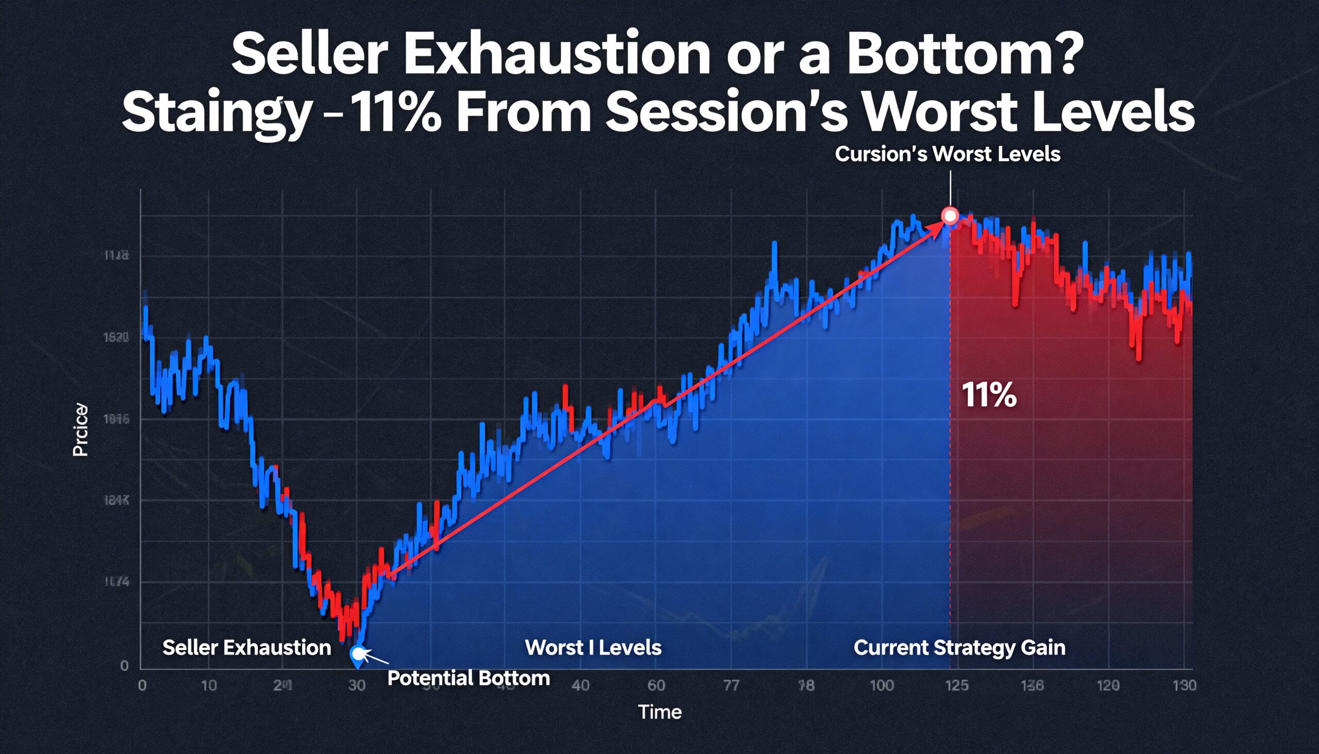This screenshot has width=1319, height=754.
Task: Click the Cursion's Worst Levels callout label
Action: (x=948, y=154)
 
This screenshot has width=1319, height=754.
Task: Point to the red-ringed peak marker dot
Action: (x=951, y=215)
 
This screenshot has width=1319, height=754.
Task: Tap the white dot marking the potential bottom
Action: (x=358, y=653)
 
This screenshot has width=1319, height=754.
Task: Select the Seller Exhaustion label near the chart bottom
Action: (x=246, y=647)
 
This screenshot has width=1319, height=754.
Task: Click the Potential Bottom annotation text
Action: (x=468, y=678)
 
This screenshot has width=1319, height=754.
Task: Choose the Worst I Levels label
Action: (x=593, y=647)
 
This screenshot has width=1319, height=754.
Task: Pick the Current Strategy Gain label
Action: (x=959, y=647)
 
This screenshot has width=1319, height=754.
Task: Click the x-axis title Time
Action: (x=659, y=712)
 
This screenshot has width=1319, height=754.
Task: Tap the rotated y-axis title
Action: (x=80, y=430)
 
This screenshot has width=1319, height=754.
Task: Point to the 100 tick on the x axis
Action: (x=881, y=685)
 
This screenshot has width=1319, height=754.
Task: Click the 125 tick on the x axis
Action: (x=956, y=685)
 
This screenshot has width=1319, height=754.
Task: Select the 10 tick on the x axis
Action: (x=209, y=685)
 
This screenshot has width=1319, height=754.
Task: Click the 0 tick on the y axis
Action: (x=124, y=665)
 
